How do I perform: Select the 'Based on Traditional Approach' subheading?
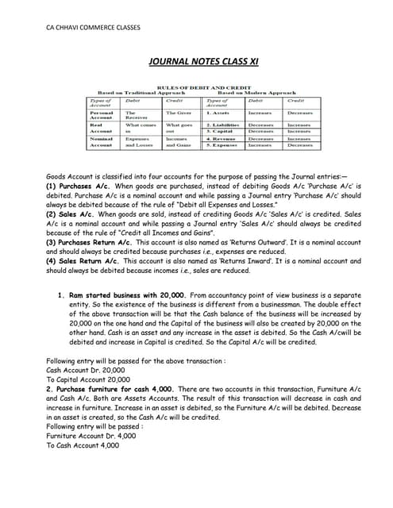140,92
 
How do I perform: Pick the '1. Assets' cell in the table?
218,113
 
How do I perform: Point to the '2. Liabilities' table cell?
223,125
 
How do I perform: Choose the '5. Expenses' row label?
222,145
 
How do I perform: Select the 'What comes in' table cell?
141,128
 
